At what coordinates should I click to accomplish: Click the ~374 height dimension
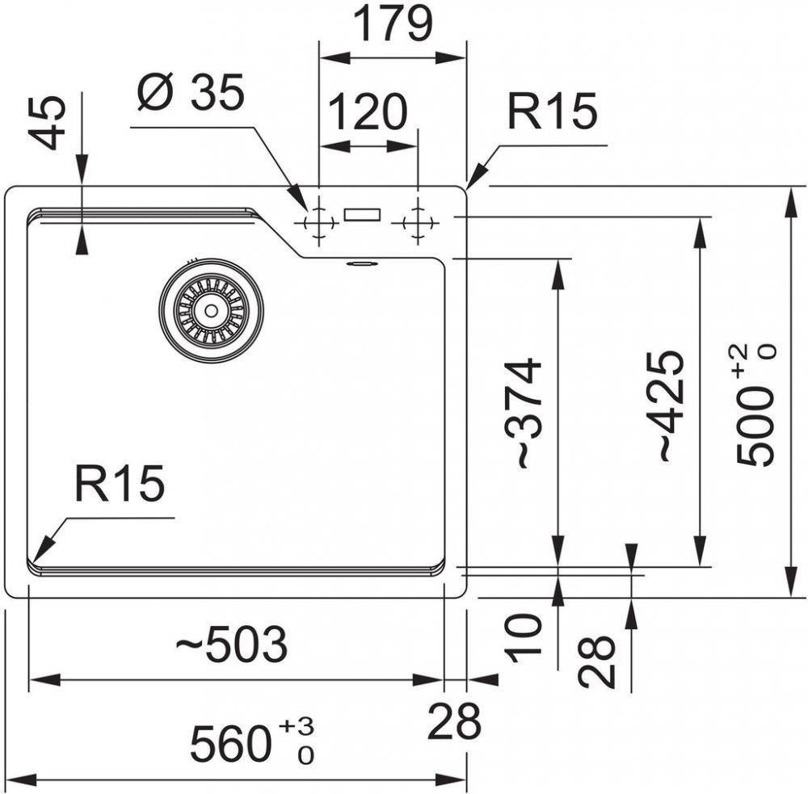(526, 413)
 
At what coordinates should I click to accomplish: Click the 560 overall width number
(230, 744)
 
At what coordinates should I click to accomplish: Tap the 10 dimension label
(526, 637)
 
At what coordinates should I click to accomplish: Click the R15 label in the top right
(552, 112)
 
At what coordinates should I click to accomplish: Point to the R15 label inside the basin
(120, 484)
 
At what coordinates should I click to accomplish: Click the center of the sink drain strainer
(211, 310)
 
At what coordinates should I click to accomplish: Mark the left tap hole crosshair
(319, 221)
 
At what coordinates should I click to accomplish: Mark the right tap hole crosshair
(417, 221)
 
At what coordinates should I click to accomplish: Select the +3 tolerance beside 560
(296, 727)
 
